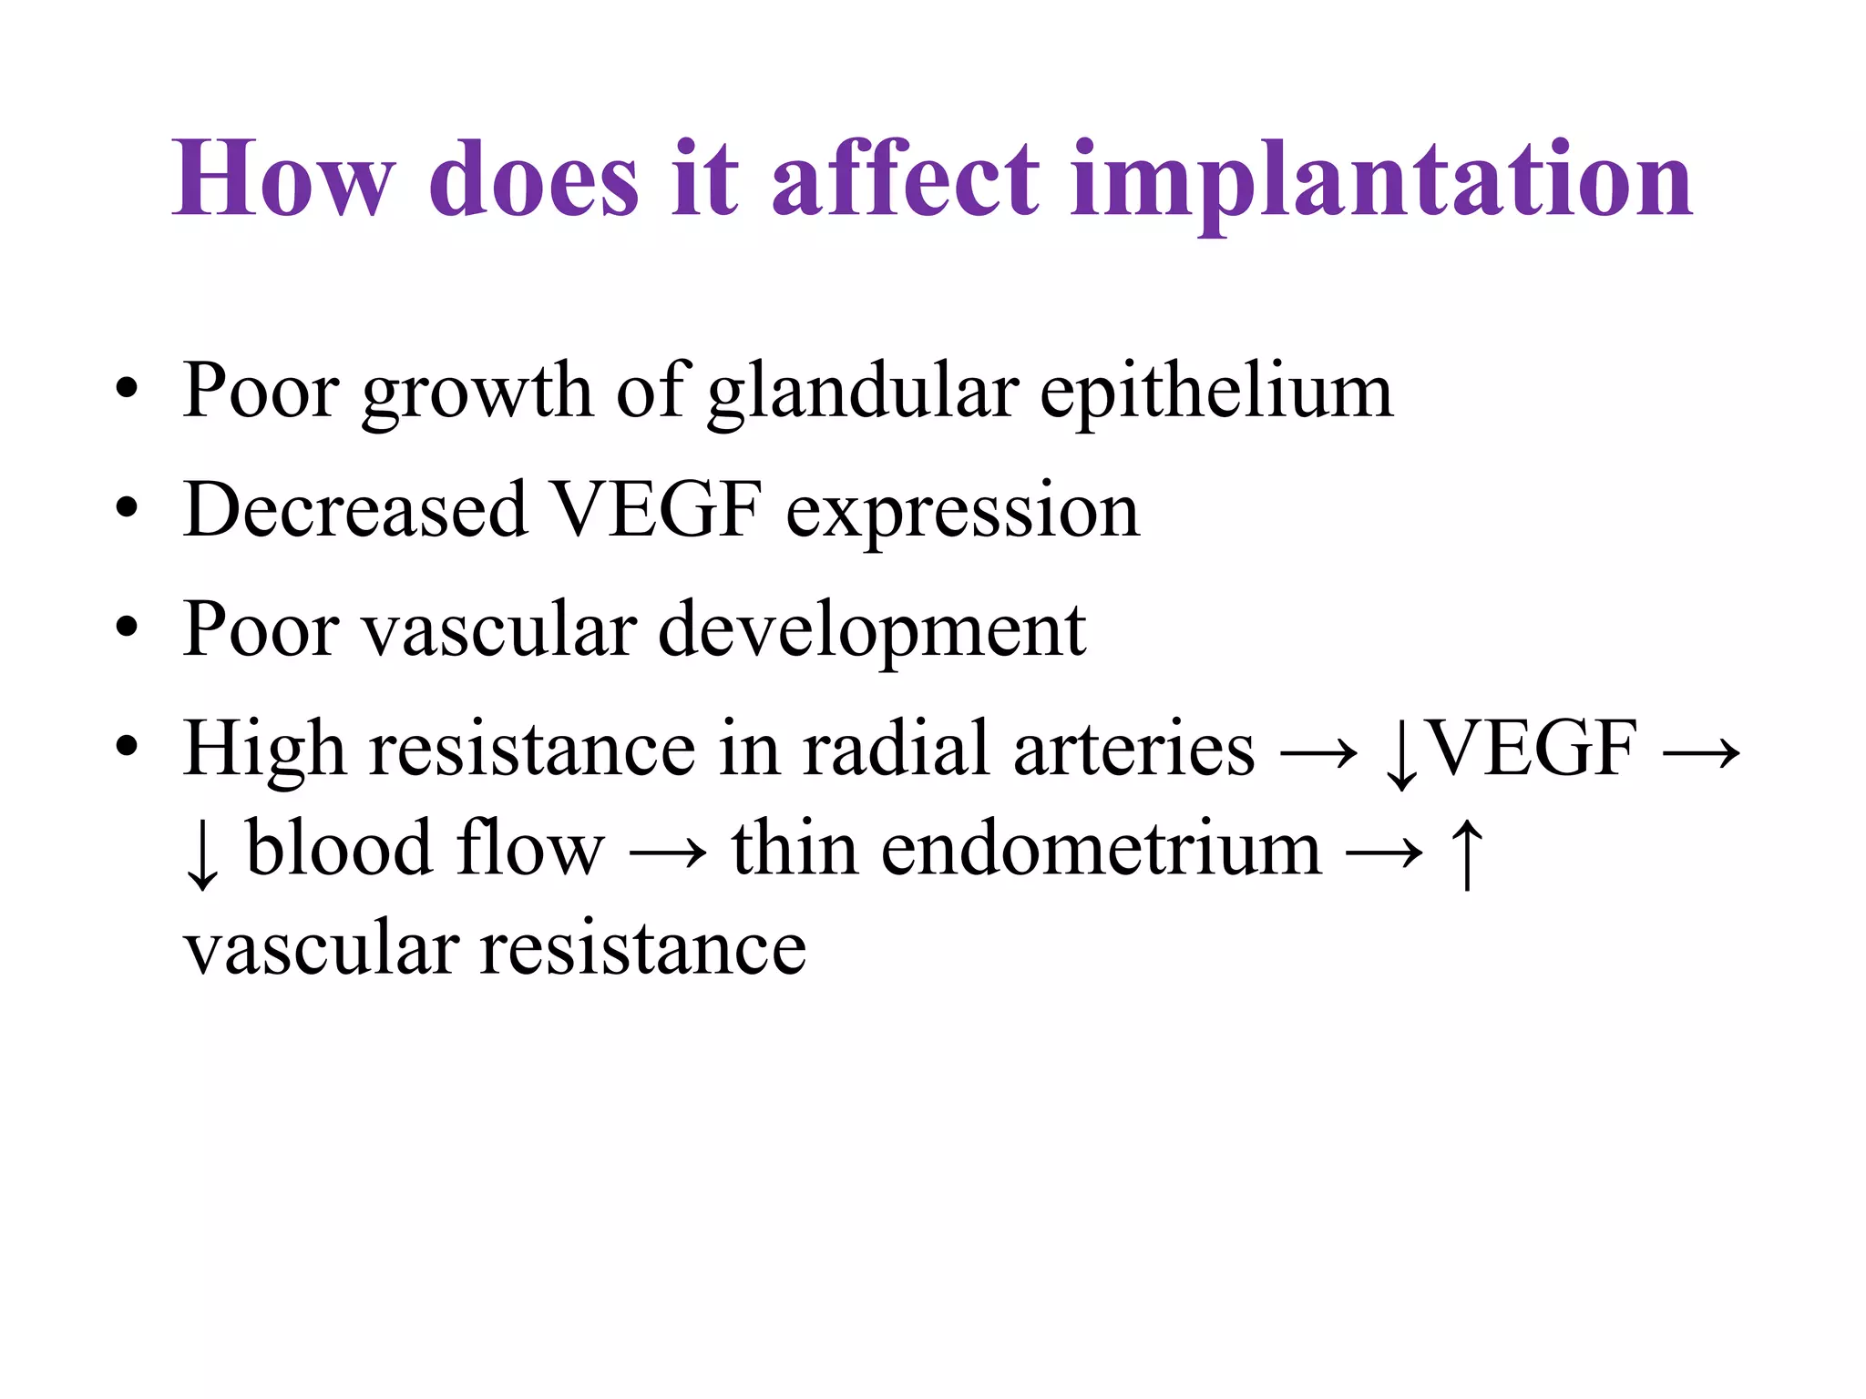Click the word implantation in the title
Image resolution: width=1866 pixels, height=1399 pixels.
point(1381,182)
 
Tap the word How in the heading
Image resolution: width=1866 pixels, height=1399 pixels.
point(283,179)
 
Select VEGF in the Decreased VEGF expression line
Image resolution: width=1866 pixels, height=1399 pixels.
point(657,510)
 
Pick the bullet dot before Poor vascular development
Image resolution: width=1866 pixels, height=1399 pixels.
point(127,628)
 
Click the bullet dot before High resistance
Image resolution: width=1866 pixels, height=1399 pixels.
point(127,747)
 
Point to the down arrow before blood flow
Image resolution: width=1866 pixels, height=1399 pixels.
point(201,854)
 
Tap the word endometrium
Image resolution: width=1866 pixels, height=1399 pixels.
point(1101,849)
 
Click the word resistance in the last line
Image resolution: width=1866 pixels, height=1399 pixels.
point(643,949)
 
